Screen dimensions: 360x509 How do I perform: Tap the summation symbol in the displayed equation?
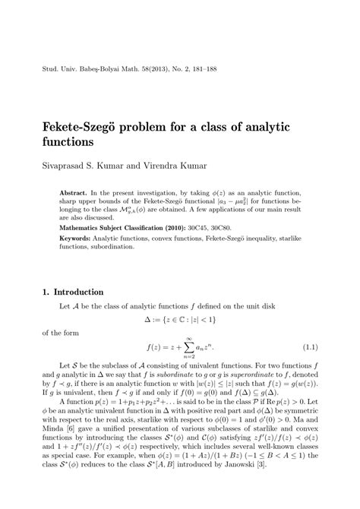coord(175,348)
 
